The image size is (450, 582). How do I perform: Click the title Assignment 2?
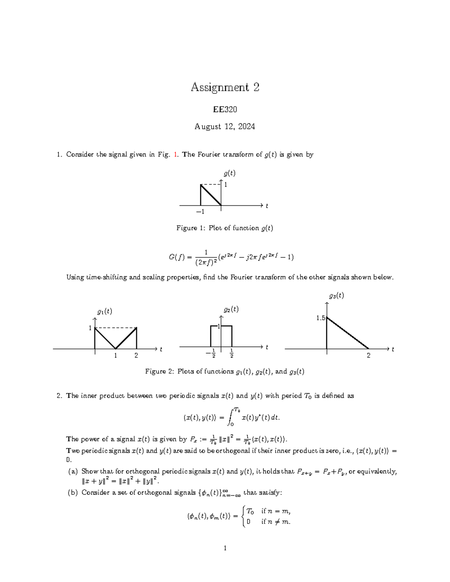tap(225, 87)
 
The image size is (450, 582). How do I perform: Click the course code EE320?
tap(225, 109)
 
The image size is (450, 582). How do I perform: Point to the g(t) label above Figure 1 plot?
tap(229, 173)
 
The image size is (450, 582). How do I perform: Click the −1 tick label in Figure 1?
tap(200, 212)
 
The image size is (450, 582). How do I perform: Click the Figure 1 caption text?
tap(225, 228)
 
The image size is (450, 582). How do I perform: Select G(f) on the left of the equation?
tap(175, 257)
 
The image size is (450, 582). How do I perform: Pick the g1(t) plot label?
tap(105, 311)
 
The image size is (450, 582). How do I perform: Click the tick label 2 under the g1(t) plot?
tap(136, 356)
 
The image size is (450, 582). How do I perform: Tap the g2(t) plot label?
tap(231, 310)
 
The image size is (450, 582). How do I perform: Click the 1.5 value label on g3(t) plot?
tap(321, 318)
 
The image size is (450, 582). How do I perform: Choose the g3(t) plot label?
tap(336, 296)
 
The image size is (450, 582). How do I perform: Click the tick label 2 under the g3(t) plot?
tap(369, 356)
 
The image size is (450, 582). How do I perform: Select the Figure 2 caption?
tap(225, 371)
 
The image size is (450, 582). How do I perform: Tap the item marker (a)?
tap(72, 471)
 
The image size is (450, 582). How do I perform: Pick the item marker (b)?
tap(72, 493)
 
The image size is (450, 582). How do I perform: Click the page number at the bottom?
tap(225, 548)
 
